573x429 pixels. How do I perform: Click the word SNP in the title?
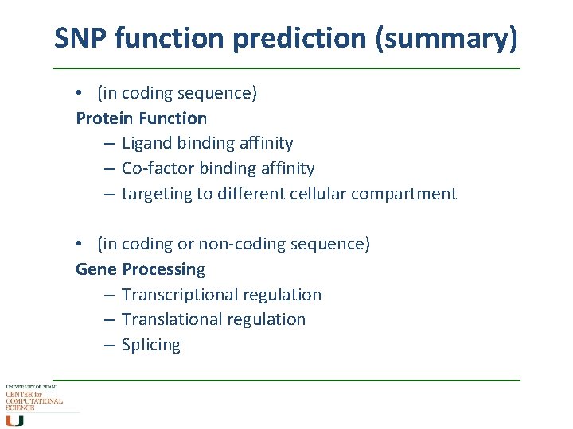click(x=81, y=37)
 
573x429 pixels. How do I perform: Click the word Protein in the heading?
click(x=104, y=118)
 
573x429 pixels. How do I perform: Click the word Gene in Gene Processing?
click(x=95, y=269)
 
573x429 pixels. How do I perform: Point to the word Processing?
click(x=163, y=269)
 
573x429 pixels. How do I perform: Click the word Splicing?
click(x=151, y=345)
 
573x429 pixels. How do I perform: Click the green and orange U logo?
click(x=15, y=420)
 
